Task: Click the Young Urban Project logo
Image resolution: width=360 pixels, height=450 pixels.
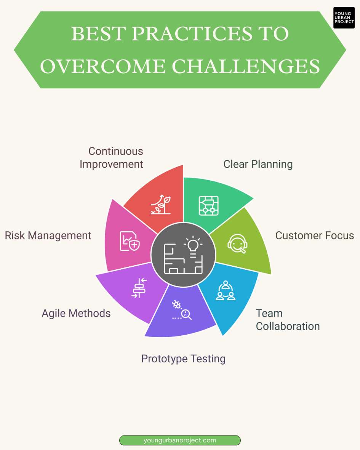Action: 344,18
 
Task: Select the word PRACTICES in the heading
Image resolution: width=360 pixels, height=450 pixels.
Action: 191,34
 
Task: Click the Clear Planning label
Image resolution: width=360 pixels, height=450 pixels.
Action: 258,164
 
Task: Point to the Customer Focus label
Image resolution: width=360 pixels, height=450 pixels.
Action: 315,235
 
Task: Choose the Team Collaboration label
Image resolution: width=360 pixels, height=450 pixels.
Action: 288,320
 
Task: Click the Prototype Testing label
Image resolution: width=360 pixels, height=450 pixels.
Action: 183,359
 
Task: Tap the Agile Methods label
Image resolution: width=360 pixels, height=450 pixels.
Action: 76,313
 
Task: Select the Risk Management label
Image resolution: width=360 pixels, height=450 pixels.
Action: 48,235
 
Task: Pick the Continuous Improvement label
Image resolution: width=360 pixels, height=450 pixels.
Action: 111,157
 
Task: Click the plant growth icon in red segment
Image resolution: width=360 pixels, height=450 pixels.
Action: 160,205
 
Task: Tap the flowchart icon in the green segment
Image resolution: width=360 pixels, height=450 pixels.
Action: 208,206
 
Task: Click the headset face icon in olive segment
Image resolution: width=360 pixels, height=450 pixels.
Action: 237,243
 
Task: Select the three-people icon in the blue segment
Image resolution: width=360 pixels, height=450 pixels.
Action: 226,291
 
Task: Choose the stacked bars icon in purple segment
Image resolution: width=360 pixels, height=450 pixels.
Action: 139,288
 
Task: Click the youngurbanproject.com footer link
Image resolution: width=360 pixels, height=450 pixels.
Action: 180,440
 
